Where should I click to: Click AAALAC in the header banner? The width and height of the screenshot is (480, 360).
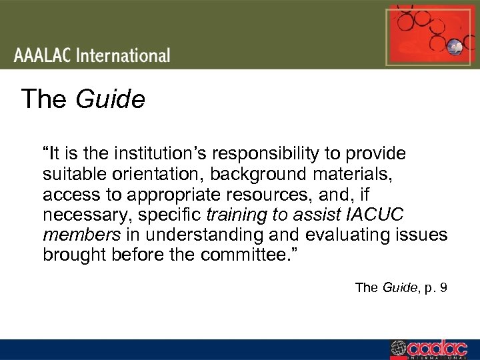[x=42, y=55]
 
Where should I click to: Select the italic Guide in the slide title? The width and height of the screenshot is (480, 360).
[x=110, y=100]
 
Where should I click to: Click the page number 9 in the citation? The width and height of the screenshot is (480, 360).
[x=443, y=288]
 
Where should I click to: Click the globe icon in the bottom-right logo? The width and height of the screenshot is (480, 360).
[x=398, y=349]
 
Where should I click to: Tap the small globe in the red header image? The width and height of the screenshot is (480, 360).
[x=456, y=46]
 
